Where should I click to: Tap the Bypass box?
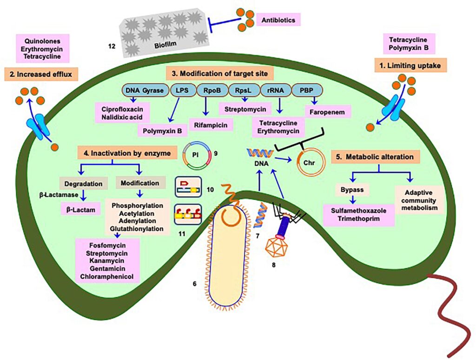point(352,190)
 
